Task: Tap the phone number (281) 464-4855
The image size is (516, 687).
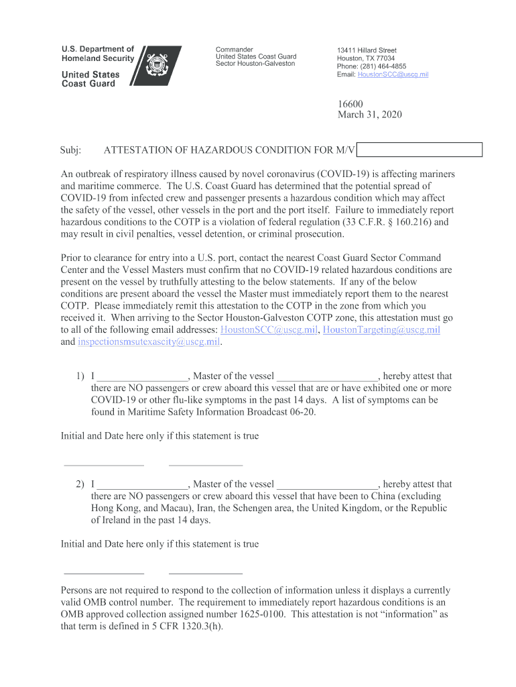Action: tap(383, 66)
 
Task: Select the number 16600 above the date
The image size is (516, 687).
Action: tap(350, 104)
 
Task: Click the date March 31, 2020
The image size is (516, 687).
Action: tap(369, 115)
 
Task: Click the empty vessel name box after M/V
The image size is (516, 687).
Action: tap(419, 150)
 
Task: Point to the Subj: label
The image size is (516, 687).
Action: tap(71, 150)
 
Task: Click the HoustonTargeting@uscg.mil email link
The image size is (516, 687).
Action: tap(381, 329)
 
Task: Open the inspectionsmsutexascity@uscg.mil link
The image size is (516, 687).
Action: tap(149, 341)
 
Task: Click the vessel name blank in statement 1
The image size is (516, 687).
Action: tap(328, 376)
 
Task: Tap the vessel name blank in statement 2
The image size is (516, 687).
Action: tap(328, 484)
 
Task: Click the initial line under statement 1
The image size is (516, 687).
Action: tap(103, 464)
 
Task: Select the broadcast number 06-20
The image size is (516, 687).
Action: tap(300, 412)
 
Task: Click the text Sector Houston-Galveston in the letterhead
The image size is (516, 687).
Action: tap(255, 64)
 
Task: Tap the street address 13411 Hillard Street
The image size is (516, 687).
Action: tap(367, 50)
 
